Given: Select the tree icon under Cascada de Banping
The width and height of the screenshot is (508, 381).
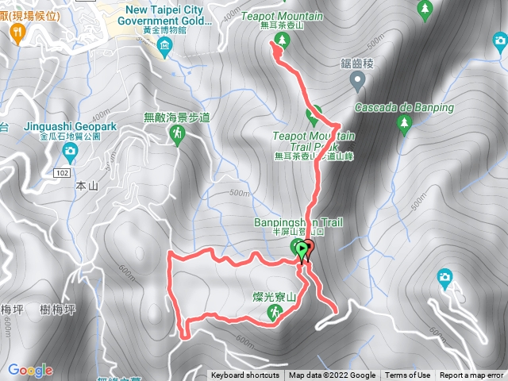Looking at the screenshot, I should click(x=404, y=123).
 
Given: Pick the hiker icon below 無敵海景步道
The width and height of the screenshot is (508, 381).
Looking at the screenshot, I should click(x=175, y=137).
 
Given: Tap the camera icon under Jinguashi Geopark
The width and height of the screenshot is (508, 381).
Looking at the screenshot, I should click(x=71, y=150).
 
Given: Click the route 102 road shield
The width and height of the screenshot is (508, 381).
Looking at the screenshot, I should click(x=63, y=172).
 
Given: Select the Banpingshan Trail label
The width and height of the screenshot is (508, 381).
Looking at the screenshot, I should click(x=298, y=223).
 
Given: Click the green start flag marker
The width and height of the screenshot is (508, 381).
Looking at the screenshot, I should click(x=304, y=250).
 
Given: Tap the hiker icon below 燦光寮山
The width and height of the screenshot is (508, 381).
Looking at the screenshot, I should click(x=274, y=314).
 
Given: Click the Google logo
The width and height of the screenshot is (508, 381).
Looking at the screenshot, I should click(x=29, y=371).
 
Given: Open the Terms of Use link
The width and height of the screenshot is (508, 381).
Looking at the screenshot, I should click(x=408, y=375).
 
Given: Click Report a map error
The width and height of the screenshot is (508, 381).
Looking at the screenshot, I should click(x=471, y=375).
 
